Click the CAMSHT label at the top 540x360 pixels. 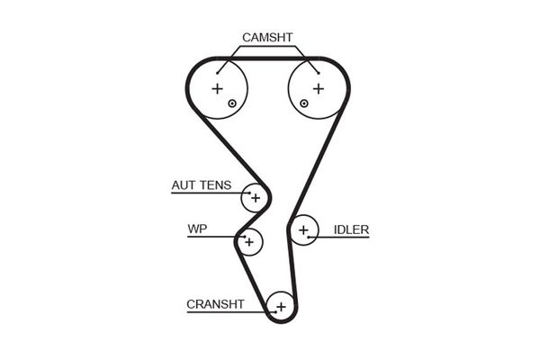click(x=267, y=37)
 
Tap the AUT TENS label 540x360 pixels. click(x=201, y=186)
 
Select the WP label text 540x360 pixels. click(x=197, y=229)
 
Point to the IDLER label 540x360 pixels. click(x=351, y=229)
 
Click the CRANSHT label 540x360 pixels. click(x=215, y=304)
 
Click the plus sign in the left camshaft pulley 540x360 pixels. click(x=216, y=88)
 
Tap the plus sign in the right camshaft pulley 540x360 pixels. click(x=318, y=88)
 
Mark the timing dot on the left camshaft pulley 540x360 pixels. click(x=232, y=103)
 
